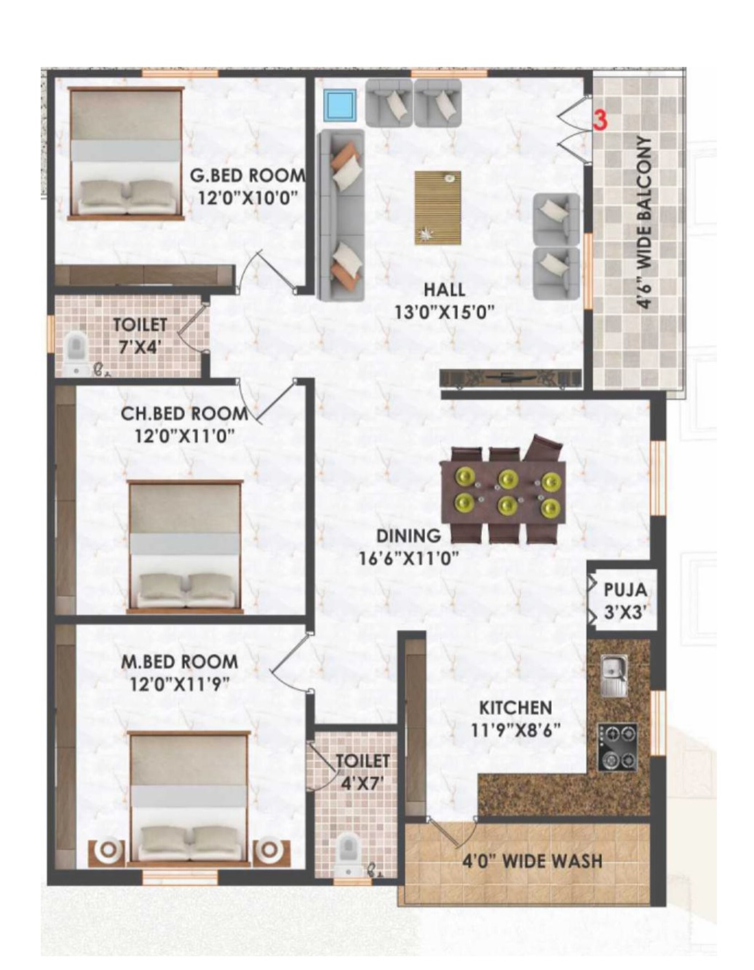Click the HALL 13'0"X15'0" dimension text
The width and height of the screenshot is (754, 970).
point(444,313)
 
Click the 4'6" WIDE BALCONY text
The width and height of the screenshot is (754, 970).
point(645,222)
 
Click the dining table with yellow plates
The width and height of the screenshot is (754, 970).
point(503,490)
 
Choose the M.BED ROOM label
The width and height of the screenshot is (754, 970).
point(180,662)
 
